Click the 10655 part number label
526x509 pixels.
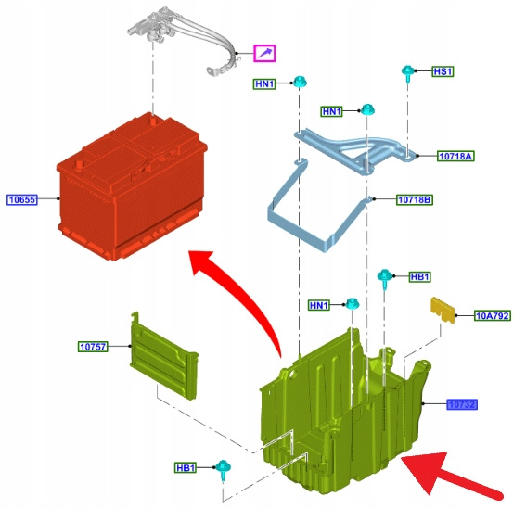point(22,199)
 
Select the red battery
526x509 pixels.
point(132,186)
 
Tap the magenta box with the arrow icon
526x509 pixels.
point(264,54)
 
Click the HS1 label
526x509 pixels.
point(443,71)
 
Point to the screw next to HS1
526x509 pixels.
point(407,73)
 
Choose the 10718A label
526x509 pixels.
point(455,156)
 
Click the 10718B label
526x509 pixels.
point(415,200)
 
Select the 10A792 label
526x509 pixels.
point(493,315)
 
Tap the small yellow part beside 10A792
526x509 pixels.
point(443,311)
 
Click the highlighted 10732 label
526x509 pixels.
point(462,404)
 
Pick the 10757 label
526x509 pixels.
point(94,347)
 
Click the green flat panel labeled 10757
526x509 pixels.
point(163,356)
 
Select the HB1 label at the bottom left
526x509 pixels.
point(186,467)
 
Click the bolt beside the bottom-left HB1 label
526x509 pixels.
point(223,470)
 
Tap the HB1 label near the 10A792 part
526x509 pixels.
point(419,276)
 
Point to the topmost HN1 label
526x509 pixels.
point(264,83)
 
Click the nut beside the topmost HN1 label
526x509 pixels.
point(300,82)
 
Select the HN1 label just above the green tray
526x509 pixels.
point(319,305)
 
